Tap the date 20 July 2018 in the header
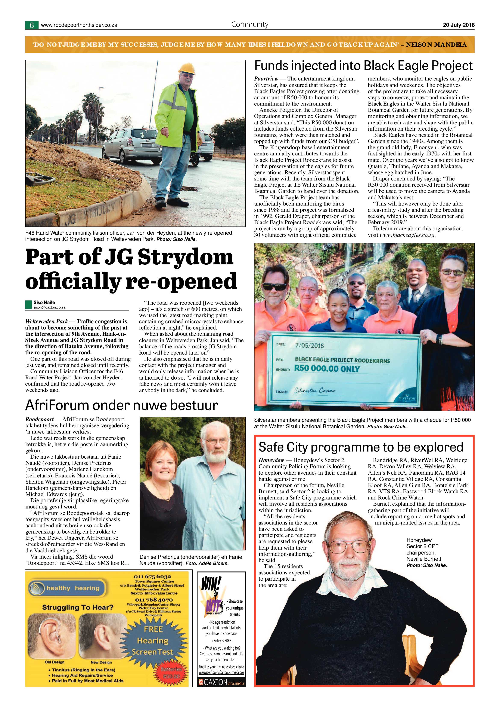(459, 25)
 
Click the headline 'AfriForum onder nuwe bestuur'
(122, 405)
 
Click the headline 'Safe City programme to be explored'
(361, 447)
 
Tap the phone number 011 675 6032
(152, 577)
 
